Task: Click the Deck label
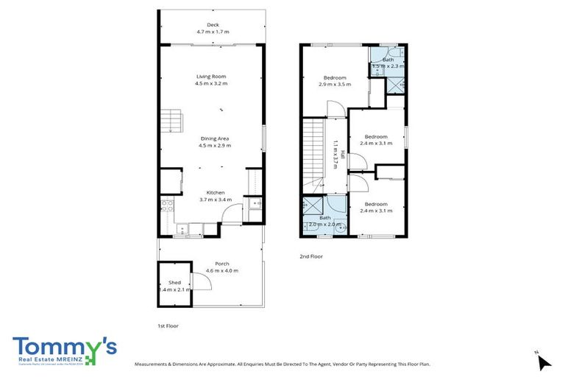click(213, 25)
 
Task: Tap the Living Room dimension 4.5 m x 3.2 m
click(211, 84)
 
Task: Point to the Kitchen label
click(215, 192)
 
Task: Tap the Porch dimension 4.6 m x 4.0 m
click(221, 271)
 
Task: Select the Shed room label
click(174, 283)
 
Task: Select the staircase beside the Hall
click(313, 154)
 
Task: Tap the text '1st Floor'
click(168, 325)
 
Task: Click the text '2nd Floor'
click(311, 256)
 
